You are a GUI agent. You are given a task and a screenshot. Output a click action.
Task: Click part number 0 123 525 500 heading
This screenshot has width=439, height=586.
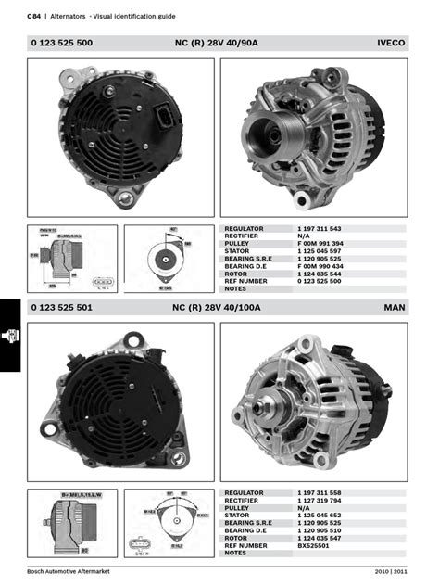coord(61,44)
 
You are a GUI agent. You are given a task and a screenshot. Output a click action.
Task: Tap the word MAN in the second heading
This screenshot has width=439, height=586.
coord(395,307)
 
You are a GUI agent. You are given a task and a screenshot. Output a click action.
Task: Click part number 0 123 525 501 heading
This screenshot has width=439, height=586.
coord(61,307)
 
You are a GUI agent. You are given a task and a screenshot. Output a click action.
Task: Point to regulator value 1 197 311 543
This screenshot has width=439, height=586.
coord(320,228)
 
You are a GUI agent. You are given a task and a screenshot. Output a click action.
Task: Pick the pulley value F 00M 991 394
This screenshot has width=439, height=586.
coord(320,244)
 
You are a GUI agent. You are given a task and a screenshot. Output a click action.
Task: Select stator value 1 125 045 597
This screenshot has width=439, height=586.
coord(320,251)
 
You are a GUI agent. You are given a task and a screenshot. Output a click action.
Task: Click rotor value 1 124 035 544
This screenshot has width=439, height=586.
coord(320,274)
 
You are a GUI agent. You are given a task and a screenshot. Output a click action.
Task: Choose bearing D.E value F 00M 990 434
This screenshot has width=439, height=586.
coord(320,266)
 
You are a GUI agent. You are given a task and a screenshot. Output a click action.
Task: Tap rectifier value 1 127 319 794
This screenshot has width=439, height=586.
coord(320,500)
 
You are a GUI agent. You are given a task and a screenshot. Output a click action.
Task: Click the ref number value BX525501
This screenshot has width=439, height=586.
coord(315,545)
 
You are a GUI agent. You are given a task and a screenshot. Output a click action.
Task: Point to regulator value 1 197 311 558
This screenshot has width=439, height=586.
coord(320,492)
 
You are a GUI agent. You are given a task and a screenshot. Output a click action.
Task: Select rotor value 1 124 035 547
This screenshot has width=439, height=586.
coord(320,538)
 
